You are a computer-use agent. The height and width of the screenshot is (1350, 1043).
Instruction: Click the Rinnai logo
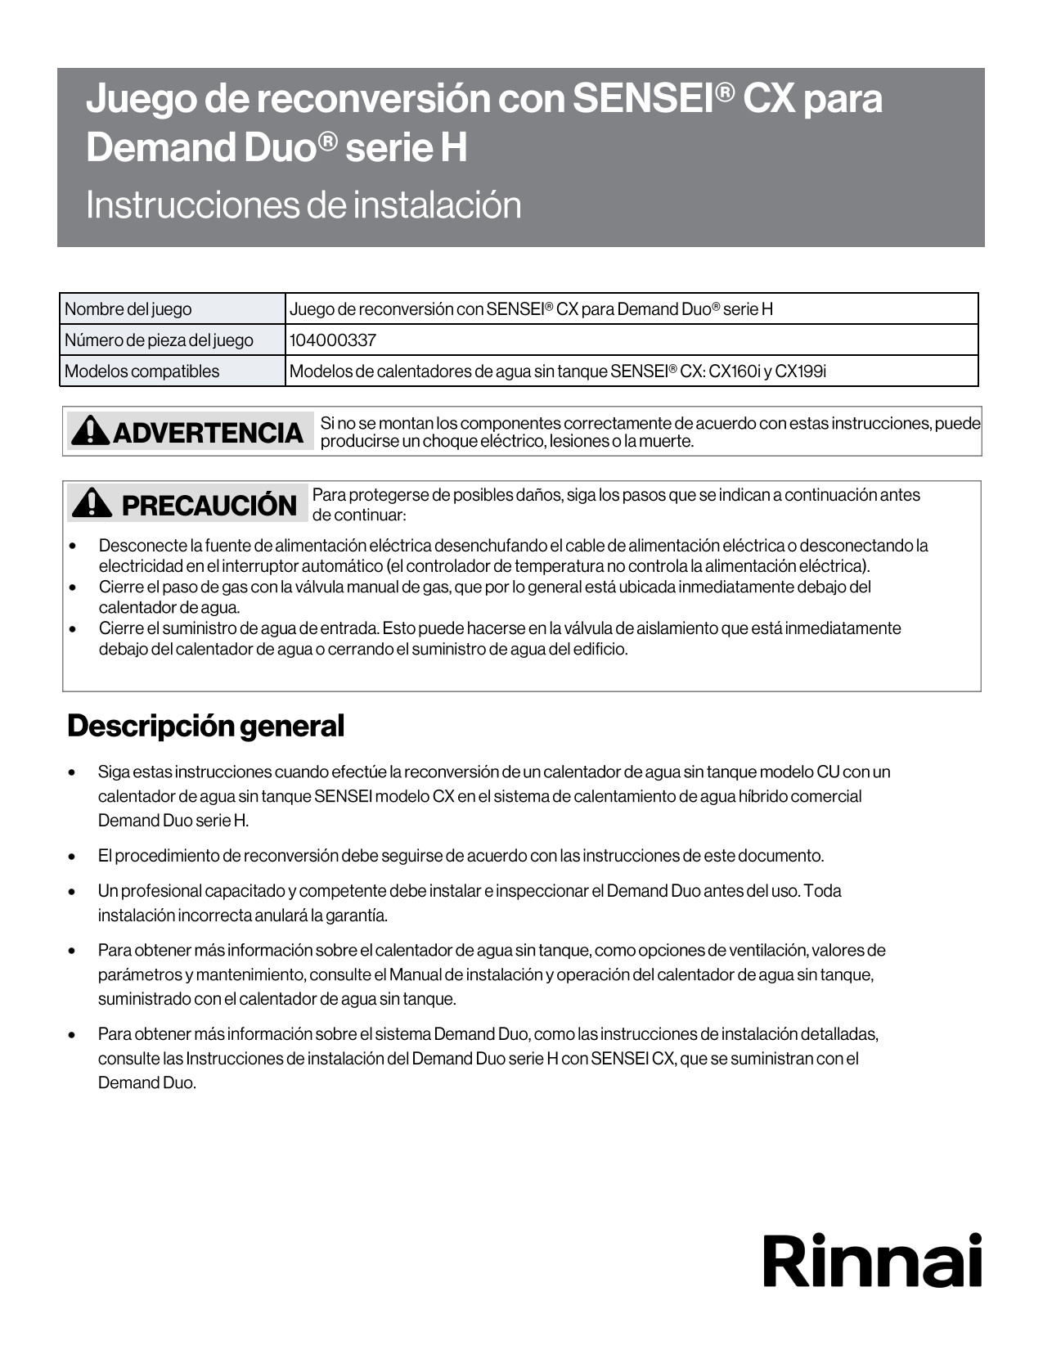click(872, 1261)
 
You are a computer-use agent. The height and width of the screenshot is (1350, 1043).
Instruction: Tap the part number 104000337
click(333, 340)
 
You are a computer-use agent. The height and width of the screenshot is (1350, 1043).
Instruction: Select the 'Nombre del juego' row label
click(128, 309)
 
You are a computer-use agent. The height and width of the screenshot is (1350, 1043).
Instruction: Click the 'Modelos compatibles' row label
click(142, 371)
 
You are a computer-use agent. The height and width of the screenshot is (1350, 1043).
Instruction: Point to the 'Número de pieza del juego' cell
click(160, 340)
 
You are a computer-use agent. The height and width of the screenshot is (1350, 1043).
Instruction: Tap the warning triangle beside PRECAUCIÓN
click(92, 503)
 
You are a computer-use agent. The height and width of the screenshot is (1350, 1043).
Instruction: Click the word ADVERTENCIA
click(208, 432)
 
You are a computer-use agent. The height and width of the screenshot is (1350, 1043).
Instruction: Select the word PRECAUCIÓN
click(209, 506)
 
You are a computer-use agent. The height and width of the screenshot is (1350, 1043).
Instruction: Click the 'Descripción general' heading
click(206, 726)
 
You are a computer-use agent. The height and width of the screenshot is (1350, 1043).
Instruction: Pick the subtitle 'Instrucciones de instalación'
click(303, 205)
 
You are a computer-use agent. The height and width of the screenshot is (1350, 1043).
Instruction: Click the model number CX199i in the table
click(801, 371)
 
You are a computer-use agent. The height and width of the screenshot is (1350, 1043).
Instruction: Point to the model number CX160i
click(735, 371)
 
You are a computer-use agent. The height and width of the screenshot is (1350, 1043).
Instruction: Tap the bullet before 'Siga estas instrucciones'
click(73, 772)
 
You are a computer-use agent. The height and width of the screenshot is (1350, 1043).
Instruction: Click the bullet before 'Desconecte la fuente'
click(73, 546)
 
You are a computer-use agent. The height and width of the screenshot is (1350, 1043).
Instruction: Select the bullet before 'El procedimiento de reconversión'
click(73, 857)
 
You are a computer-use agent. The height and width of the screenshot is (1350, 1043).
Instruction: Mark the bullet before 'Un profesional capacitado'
click(73, 892)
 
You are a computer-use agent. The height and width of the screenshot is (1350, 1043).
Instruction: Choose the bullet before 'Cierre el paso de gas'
click(73, 587)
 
